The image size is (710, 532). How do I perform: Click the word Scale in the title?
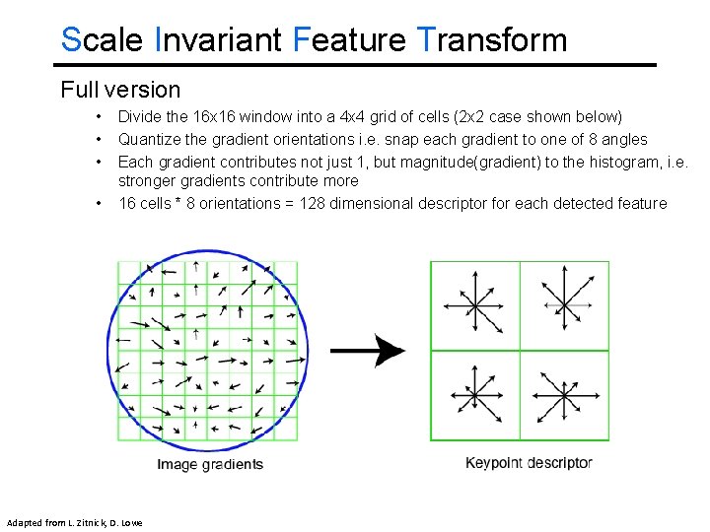103,40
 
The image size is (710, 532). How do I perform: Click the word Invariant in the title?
219,40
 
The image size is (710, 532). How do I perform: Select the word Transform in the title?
492,40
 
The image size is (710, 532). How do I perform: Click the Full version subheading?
120,90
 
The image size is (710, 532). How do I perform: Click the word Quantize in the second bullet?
149,139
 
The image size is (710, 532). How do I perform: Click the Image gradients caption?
210,464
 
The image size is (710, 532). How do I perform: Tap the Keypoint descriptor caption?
529,463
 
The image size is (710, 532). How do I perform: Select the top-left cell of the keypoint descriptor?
474,305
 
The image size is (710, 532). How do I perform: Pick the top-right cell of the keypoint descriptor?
564,305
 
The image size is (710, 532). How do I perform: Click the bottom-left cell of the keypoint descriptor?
474,395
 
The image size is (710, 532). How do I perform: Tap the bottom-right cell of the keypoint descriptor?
564,395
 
